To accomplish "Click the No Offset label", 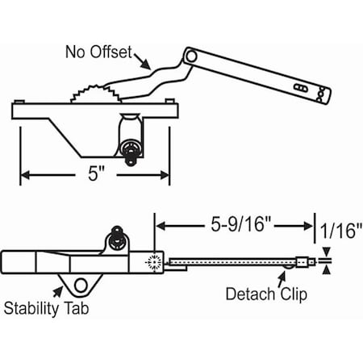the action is pyautogui.click(x=98, y=52).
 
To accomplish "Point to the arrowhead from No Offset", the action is pyautogui.click(x=147, y=65).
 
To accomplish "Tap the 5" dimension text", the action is pyautogui.click(x=96, y=173).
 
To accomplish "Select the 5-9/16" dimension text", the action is pyautogui.click(x=240, y=224).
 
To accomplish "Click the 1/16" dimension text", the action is pyautogui.click(x=340, y=231).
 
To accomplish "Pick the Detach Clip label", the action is pyautogui.click(x=266, y=294).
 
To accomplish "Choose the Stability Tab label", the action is pyautogui.click(x=46, y=308).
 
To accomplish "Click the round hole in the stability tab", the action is pyautogui.click(x=81, y=286).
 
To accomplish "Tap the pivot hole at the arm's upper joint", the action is pyautogui.click(x=191, y=56).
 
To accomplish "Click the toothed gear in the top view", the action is pyautogui.click(x=95, y=94).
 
